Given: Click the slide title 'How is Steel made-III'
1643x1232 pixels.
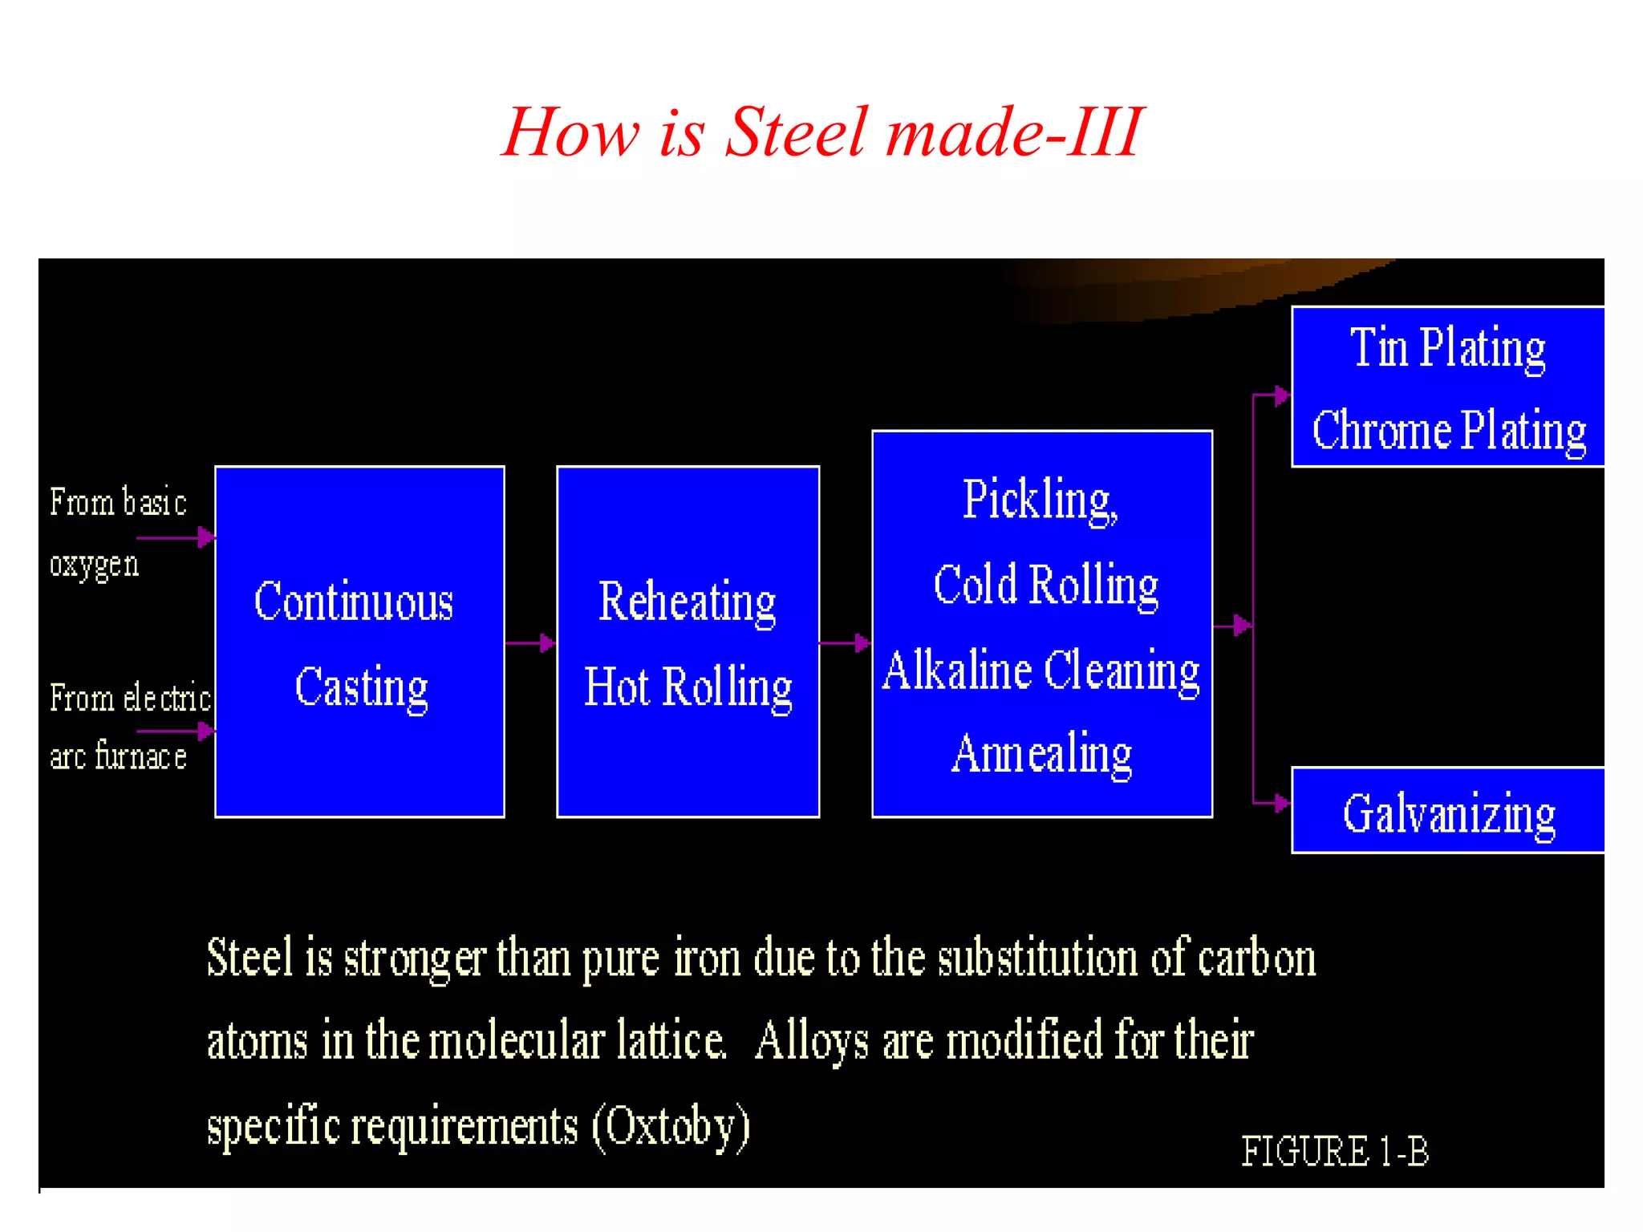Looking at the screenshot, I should tap(822, 132).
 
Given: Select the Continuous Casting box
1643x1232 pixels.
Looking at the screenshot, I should tap(359, 642).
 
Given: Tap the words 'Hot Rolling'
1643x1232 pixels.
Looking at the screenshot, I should tap(688, 687).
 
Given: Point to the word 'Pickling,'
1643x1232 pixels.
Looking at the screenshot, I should tap(1040, 500).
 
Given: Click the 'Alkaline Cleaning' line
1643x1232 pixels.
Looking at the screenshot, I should tap(1041, 671).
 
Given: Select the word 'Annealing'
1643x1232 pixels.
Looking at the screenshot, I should tap(1041, 754).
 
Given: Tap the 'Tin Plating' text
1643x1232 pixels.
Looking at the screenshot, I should tap(1447, 348).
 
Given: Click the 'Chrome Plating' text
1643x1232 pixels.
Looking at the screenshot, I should tap(1449, 431).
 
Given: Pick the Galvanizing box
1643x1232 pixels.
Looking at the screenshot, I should tap(1448, 811).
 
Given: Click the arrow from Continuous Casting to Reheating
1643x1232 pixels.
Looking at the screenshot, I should tap(531, 642).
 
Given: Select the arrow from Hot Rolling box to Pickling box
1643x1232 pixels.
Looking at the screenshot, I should tap(846, 642).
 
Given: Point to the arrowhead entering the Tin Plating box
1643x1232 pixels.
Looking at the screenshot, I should tap(1281, 395).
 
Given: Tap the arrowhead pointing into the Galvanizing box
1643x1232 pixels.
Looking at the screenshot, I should tap(1281, 803).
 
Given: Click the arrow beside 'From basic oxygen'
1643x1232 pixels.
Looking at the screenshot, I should tap(176, 537).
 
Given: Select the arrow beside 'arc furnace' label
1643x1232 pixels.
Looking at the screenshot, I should tap(176, 731).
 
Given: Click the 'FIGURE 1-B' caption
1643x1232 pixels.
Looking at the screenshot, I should tap(1335, 1152).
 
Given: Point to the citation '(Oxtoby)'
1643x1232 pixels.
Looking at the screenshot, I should tap(671, 1126).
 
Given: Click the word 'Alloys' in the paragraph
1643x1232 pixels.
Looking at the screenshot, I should tap(812, 1041).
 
